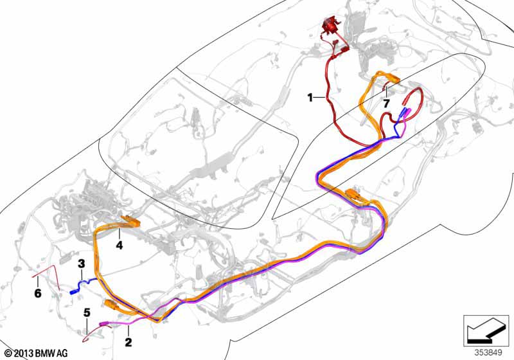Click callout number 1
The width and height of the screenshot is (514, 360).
click(x=310, y=98)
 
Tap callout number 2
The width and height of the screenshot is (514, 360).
click(x=128, y=342)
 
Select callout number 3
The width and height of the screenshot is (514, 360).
click(x=82, y=263)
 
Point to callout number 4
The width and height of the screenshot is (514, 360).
click(x=119, y=245)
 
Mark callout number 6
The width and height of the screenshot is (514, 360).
click(x=37, y=293)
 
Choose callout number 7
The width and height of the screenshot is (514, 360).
click(x=386, y=103)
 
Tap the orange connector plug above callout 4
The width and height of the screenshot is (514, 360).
click(x=129, y=222)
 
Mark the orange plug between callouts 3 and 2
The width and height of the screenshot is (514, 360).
click(x=110, y=305)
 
